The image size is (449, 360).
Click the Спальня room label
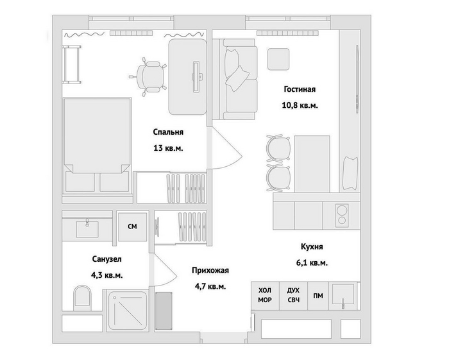pyautogui.click(x=168, y=132)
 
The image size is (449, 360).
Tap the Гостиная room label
pyautogui.click(x=300, y=89)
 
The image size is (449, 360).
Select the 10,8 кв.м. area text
pyautogui.click(x=300, y=105)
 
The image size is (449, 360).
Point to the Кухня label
pyautogui.click(x=312, y=246)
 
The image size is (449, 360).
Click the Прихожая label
pyautogui.click(x=210, y=270)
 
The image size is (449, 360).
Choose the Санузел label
pyautogui.click(x=107, y=259)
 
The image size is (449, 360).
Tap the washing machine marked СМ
pyautogui.click(x=133, y=227)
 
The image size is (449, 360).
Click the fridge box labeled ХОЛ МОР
pyautogui.click(x=265, y=296)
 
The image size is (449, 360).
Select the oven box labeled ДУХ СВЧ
pyautogui.click(x=293, y=296)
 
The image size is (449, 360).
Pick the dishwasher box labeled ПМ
pyautogui.click(x=318, y=296)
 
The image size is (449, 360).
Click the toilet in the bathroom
pyautogui.click(x=82, y=297)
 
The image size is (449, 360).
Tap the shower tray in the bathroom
pyautogui.click(x=128, y=311)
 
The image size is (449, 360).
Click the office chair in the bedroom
pyautogui.click(x=148, y=76)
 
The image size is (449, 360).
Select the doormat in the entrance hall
pyautogui.click(x=164, y=311)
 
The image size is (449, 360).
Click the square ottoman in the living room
pyautogui.click(x=278, y=59)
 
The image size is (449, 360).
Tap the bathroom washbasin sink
pyautogui.click(x=87, y=228)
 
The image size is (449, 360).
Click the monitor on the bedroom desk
pyautogui.click(x=196, y=76)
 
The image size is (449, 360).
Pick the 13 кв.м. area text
pyautogui.click(x=168, y=148)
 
